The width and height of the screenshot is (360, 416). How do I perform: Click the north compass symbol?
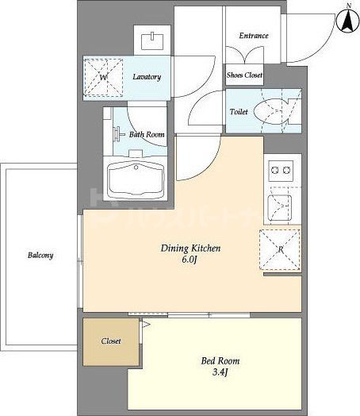pos(348,20)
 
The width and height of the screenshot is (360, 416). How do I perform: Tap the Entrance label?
pos(254,36)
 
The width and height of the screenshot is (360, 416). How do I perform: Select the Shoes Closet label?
pos(244,75)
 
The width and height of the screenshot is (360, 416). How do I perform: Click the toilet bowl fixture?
pos(271,112)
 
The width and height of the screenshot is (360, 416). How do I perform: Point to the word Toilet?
pos(239,112)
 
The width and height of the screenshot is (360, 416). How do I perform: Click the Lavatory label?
pos(147,77)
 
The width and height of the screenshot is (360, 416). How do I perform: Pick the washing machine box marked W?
pos(103,78)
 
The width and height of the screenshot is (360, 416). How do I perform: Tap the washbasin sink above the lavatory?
pos(152,40)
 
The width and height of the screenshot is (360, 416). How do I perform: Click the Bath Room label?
pos(147,134)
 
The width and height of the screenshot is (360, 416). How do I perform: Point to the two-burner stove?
pos(281,171)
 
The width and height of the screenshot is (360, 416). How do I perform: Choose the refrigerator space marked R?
pos(280,249)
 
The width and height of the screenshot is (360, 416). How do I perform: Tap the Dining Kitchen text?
pos(191,248)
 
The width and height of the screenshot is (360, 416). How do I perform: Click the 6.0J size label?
pos(190,260)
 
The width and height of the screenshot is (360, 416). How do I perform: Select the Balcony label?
pos(40,255)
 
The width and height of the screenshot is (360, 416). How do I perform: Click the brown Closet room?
pos(111,341)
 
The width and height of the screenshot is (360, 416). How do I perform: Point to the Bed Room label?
pos(220,360)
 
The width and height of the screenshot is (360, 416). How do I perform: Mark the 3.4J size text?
pos(220,372)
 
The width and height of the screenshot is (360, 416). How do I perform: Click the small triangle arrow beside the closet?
pos(146,324)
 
